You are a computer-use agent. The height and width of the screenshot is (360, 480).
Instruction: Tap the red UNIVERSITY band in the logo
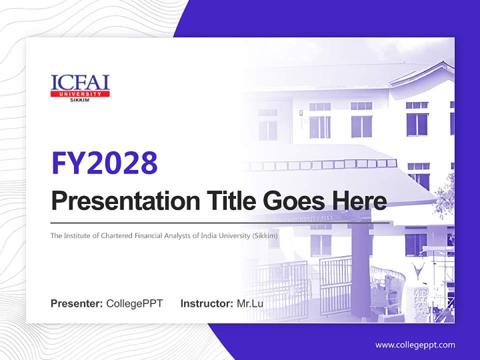point(80,94)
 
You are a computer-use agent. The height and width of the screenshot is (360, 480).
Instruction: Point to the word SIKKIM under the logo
point(80,100)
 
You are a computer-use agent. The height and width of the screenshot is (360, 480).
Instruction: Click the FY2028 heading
point(104,163)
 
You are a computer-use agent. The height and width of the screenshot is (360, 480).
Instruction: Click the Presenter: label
point(77,303)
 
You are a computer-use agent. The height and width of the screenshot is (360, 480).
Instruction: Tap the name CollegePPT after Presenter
point(134,303)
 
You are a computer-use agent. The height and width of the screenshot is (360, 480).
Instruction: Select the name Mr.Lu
point(250,303)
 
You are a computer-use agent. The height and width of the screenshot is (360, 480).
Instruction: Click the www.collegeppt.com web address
point(415,345)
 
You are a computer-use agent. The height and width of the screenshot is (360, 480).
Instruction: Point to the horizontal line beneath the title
point(220,222)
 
